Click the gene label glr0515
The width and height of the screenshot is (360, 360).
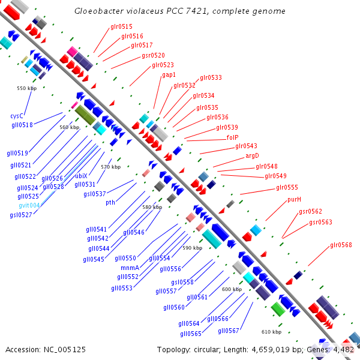point(122,26)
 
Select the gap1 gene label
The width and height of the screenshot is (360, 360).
point(169,75)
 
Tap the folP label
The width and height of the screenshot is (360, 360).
point(233,137)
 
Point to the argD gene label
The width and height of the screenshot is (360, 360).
point(252,156)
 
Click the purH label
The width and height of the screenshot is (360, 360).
point(294,199)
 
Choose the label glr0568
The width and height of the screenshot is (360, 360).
point(341,245)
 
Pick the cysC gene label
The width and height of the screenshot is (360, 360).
point(17,116)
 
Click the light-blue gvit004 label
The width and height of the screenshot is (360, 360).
point(29,205)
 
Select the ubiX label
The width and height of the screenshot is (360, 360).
point(81,176)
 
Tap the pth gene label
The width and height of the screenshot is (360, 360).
point(110,203)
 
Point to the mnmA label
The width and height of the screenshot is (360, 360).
point(130,268)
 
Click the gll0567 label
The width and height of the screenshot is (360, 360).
point(229,331)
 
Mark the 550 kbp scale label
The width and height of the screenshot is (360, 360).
point(26,88)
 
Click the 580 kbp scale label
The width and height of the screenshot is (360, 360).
point(152,207)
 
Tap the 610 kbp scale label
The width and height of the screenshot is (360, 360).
point(271,332)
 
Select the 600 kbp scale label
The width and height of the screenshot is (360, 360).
point(232,289)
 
